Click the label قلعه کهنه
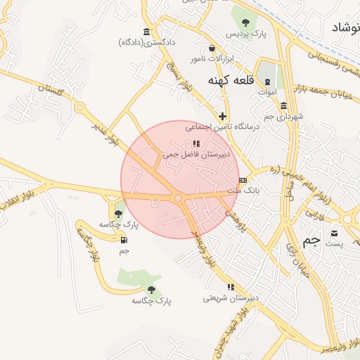[x=229, y=81]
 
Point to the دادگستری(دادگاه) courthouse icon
[x=146, y=32]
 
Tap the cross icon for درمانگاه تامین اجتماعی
[x=223, y=116]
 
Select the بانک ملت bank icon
[x=243, y=181]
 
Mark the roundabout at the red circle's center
[x=179, y=199]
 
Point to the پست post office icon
[x=334, y=233]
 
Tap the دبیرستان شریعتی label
[x=231, y=297]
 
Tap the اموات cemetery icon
[x=267, y=82]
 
